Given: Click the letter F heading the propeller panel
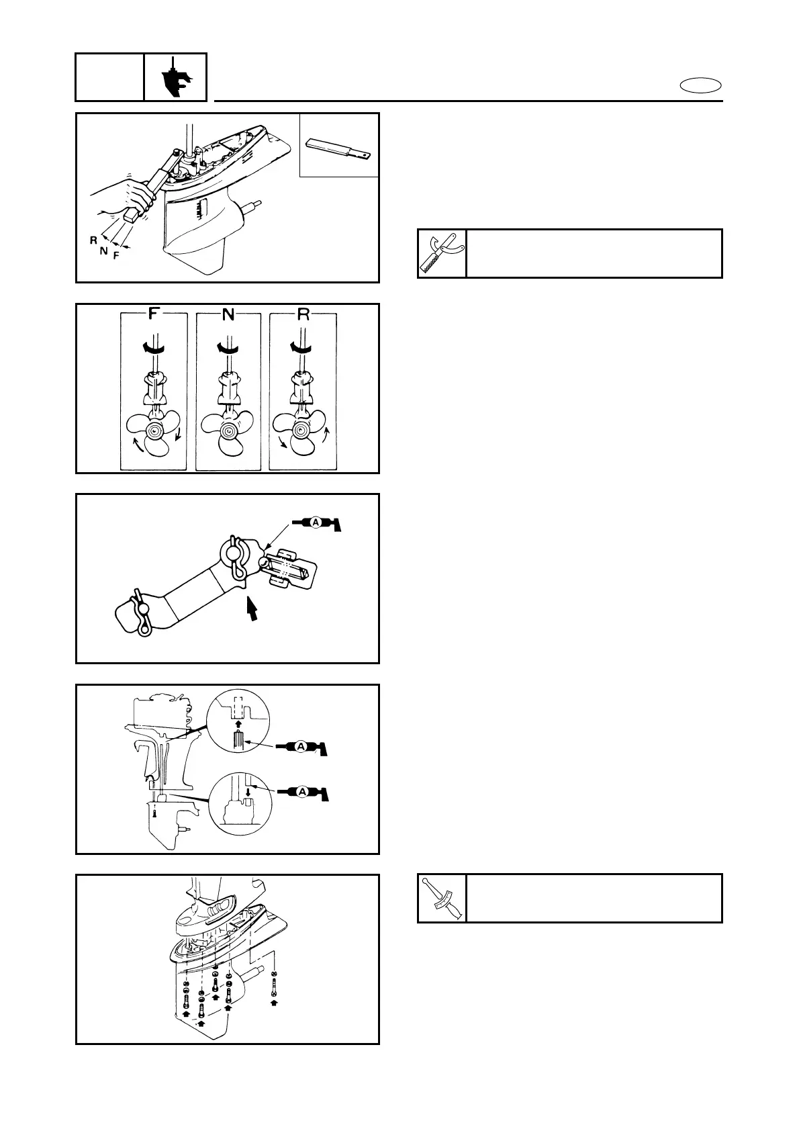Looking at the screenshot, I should coord(154,314).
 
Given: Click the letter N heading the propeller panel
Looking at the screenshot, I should coord(228,314).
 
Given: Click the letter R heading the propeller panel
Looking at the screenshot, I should coord(303,314).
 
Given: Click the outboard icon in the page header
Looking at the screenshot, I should coord(175,77).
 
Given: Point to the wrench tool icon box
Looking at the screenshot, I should coord(442,253).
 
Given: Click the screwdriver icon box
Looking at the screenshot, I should coord(442,898).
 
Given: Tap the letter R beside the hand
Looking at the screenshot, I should coord(93,239).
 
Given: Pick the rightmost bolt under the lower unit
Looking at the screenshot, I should coord(274,987).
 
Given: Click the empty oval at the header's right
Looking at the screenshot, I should coord(700,85).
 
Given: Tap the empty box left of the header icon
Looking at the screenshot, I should coord(109,77).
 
